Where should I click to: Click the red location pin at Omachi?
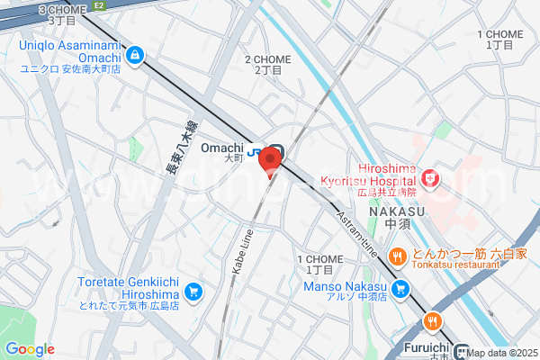point(270,162)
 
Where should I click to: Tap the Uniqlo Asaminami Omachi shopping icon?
point(134,56)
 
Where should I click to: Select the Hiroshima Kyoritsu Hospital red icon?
point(431,178)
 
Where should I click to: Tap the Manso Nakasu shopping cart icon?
point(400,290)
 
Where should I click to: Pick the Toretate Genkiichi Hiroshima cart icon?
point(193,292)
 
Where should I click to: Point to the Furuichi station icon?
point(463,352)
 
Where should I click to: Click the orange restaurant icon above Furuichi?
point(433,321)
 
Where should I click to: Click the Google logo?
point(30,349)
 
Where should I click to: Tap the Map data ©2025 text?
point(501,353)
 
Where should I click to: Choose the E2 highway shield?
point(99,5)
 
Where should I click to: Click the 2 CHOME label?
point(267,64)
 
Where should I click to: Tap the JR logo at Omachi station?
point(255,150)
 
